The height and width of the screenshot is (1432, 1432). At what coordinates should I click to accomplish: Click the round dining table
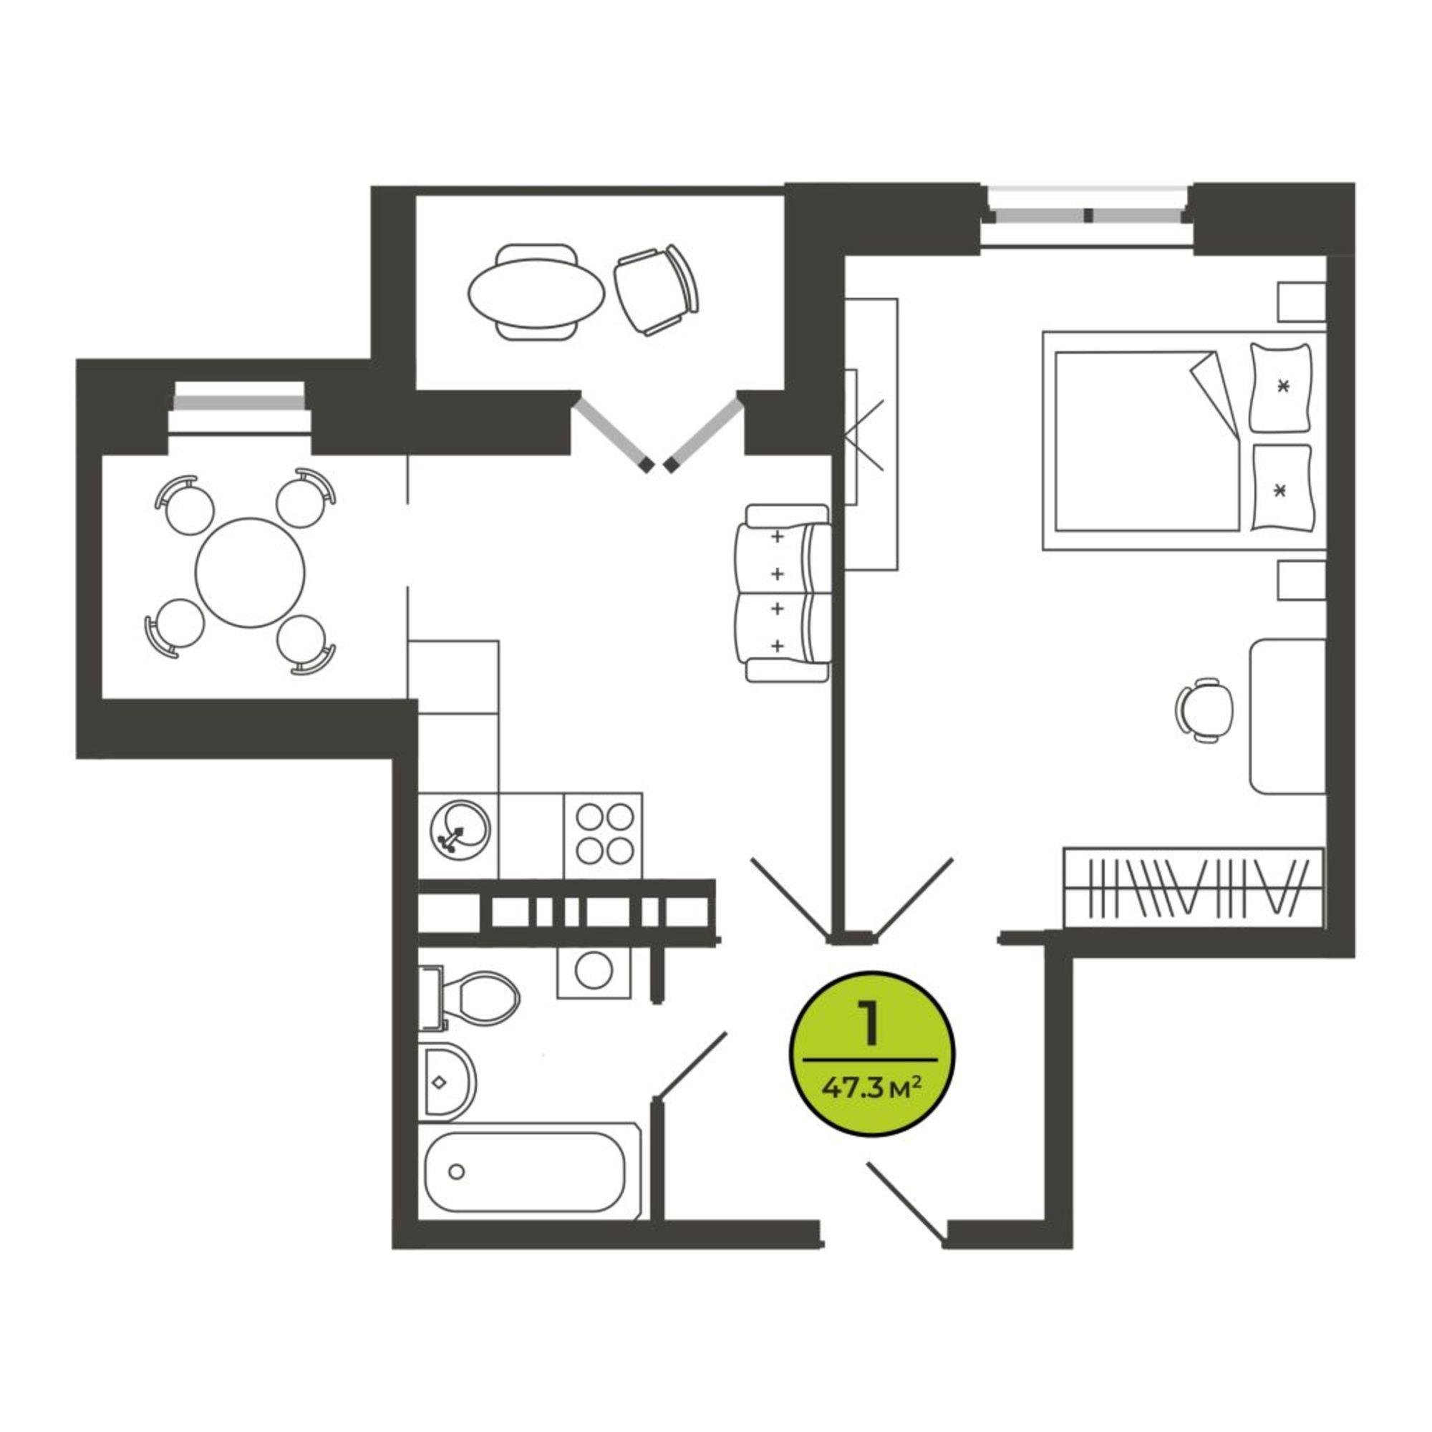(x=250, y=572)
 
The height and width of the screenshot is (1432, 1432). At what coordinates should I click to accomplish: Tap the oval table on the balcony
(x=536, y=291)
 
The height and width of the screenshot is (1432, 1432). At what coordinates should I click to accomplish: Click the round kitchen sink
(x=460, y=831)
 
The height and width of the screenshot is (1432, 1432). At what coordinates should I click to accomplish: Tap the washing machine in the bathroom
(x=593, y=972)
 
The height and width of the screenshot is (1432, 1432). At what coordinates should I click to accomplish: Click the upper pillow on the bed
(x=1281, y=387)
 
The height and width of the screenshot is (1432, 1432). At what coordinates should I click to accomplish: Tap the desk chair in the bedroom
(x=1204, y=710)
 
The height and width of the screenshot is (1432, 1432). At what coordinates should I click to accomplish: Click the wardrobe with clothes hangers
(x=1194, y=886)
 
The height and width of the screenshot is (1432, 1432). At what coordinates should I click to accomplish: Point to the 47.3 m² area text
(x=871, y=1088)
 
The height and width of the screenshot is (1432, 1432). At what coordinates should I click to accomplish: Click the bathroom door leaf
(x=692, y=1065)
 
